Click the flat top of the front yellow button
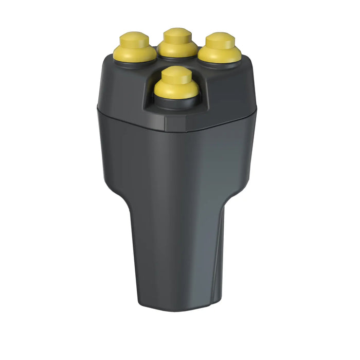click(176, 74)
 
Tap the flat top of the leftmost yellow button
click(134, 39)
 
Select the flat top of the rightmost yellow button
click(220, 40)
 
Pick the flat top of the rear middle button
click(177, 34)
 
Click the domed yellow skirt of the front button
click(176, 91)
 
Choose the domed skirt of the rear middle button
click(177, 48)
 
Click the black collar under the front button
click(176, 102)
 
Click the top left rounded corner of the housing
click(106, 62)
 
